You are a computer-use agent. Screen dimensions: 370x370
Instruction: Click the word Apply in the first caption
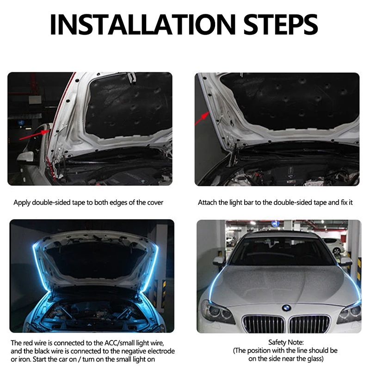[x=22, y=203]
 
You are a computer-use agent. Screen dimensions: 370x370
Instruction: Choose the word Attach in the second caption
[x=208, y=203]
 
